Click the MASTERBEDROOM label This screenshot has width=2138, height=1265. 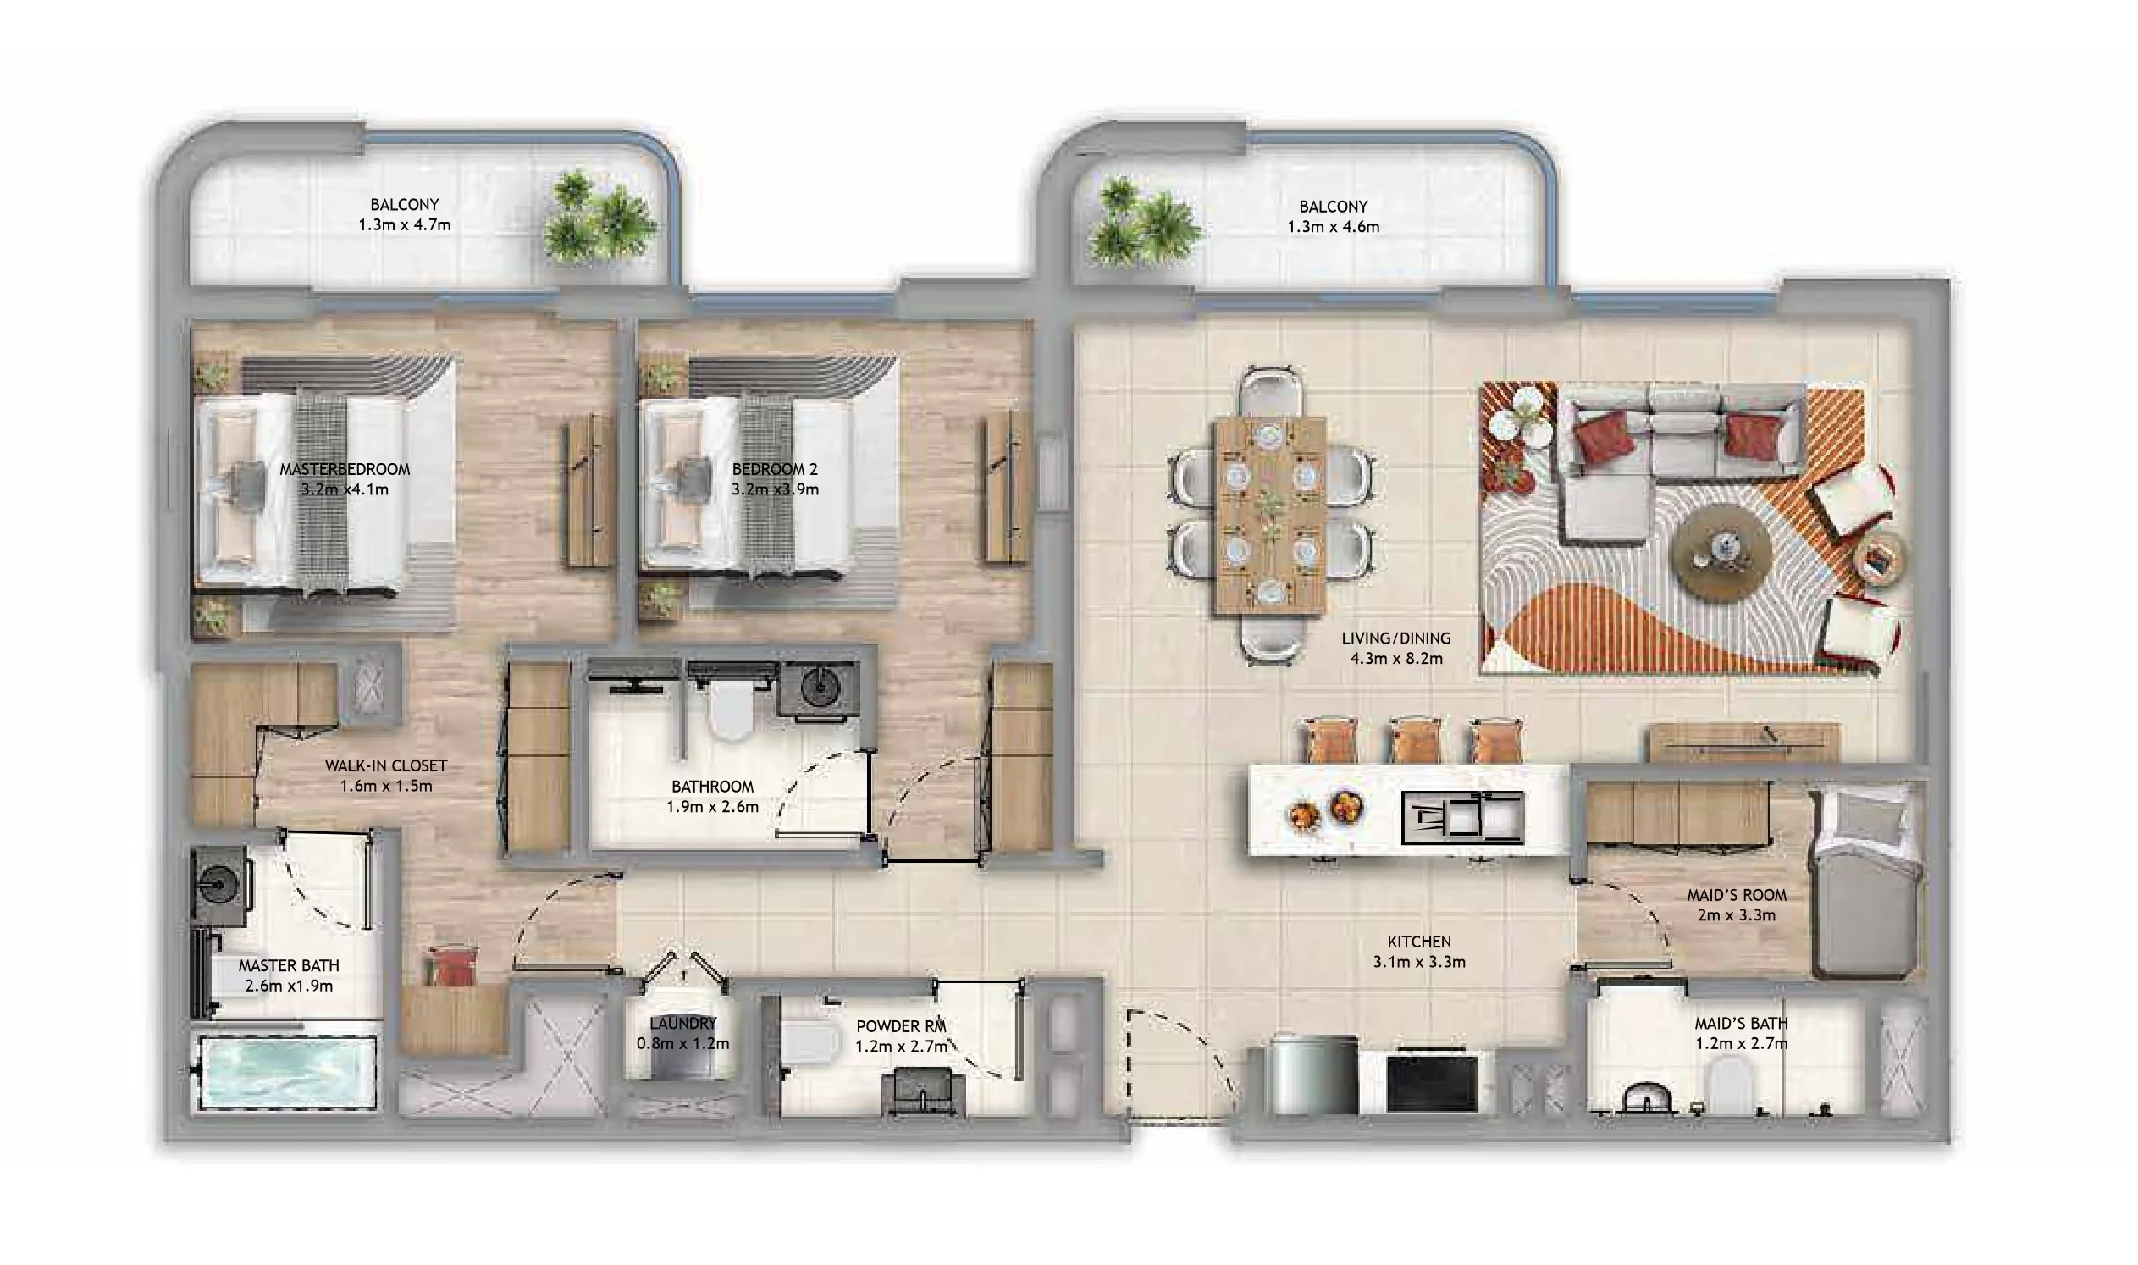tap(345, 469)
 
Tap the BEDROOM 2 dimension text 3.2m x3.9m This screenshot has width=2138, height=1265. tap(774, 489)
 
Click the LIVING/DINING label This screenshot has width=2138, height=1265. tap(1395, 638)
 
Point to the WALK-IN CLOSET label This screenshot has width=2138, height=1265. tap(385, 765)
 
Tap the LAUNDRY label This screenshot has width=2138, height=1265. tap(682, 1023)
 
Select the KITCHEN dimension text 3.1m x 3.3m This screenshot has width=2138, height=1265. tap(1418, 963)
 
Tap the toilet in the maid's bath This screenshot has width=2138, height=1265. tap(1729, 1083)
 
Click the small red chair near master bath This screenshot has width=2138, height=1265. tap(452, 966)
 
